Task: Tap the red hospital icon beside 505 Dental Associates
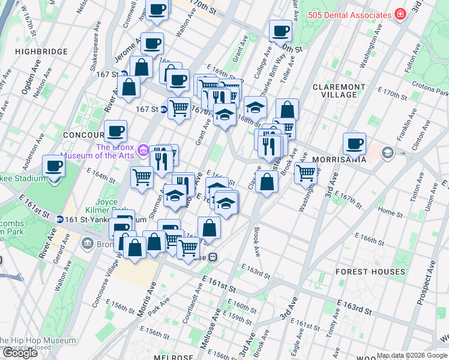coord(400,14)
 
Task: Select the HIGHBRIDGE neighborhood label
coord(41,52)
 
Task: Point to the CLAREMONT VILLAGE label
coord(339,91)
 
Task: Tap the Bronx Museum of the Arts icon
coord(143,149)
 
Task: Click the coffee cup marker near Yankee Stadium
coord(54,165)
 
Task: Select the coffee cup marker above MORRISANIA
coord(355,143)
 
